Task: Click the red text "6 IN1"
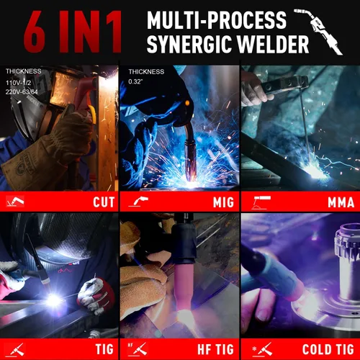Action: pyautogui.click(x=73, y=31)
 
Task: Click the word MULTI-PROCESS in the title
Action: pyautogui.click(x=217, y=20)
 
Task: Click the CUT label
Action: pyautogui.click(x=104, y=202)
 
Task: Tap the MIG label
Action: pyautogui.click(x=223, y=202)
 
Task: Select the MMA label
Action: pyautogui.click(x=341, y=202)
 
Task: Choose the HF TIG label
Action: pyautogui.click(x=215, y=349)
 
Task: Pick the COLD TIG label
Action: pyautogui.click(x=328, y=349)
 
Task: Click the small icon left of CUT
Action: pyautogui.click(x=15, y=201)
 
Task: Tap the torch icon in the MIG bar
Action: pyautogui.click(x=138, y=202)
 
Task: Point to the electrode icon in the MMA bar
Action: pyautogui.click(x=261, y=203)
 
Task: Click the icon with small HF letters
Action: pyautogui.click(x=138, y=349)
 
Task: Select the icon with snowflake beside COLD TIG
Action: pyautogui.click(x=262, y=349)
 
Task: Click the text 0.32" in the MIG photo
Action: pyautogui.click(x=135, y=81)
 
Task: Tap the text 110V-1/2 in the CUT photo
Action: pyautogui.click(x=19, y=83)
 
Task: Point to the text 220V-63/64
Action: pyautogui.click(x=22, y=91)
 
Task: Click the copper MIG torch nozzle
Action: pyautogui.click(x=190, y=158)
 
